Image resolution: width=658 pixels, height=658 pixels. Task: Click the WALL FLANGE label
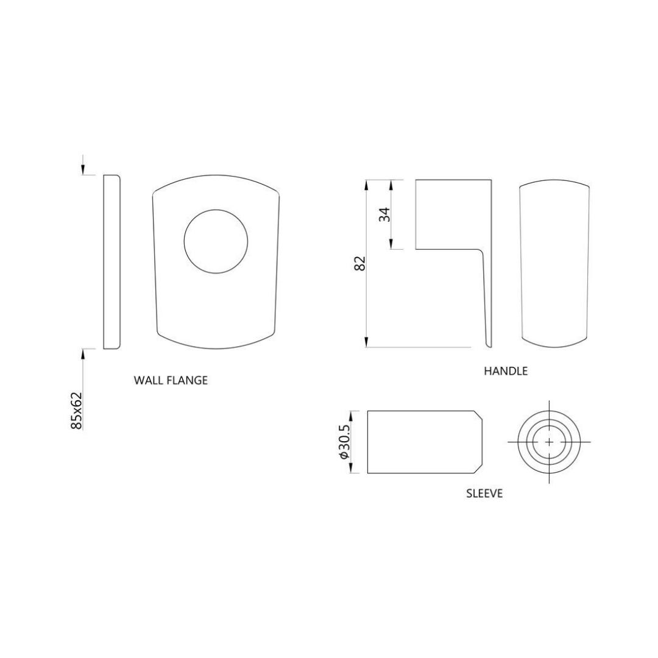click(171, 380)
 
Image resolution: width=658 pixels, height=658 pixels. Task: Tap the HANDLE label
click(506, 371)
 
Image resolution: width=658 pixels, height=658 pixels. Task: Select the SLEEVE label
click(484, 493)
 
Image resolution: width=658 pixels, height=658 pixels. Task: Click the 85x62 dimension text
click(76, 411)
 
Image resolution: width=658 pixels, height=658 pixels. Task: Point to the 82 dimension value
click(360, 264)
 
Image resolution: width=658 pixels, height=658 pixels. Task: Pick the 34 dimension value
click(384, 214)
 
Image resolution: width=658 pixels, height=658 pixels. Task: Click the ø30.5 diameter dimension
click(343, 441)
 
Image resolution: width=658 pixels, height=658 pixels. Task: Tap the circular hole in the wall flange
click(216, 242)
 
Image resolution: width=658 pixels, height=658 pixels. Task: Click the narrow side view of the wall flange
click(112, 262)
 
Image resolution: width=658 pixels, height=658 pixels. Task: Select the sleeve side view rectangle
click(425, 442)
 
